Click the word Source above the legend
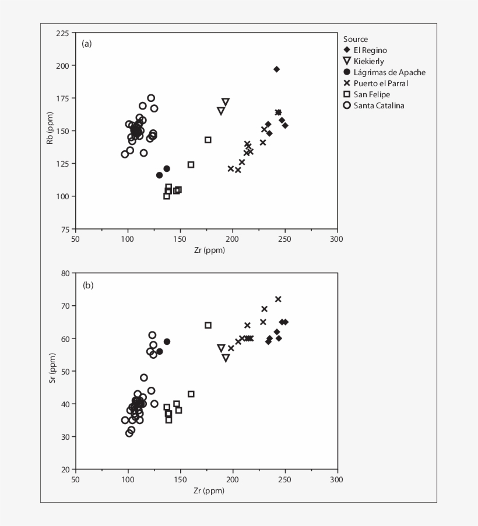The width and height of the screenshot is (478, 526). click(356, 39)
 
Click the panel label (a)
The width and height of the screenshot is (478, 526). click(87, 43)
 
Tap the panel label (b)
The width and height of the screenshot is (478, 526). click(87, 285)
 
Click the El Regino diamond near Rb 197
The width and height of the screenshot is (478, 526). click(276, 69)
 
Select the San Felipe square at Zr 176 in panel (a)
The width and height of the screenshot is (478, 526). click(208, 140)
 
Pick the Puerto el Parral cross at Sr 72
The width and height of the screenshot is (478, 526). click(278, 299)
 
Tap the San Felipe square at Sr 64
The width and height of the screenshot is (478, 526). click(208, 326)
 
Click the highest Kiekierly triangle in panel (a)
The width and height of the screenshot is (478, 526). click(226, 102)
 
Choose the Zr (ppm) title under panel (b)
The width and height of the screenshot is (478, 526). click(209, 490)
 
